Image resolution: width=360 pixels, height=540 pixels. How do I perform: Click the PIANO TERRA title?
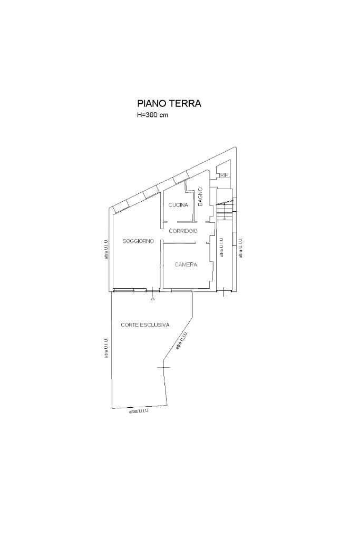(x=169, y=103)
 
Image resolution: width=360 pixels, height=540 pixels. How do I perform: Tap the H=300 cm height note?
(x=153, y=115)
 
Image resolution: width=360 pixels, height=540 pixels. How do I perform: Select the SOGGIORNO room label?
(x=138, y=241)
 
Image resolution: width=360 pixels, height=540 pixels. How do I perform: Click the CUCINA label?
(x=179, y=205)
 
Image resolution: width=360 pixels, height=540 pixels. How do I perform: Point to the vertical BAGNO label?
(x=201, y=197)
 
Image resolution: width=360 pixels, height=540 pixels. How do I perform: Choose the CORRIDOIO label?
(x=183, y=231)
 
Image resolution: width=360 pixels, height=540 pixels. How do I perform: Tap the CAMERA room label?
(x=186, y=264)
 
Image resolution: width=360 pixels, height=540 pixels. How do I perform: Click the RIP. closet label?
(x=225, y=175)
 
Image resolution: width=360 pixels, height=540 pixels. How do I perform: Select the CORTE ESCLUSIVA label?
(x=145, y=325)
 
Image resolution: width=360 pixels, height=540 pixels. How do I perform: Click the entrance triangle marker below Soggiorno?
(x=153, y=299)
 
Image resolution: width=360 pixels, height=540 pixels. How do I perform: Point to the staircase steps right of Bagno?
(x=225, y=210)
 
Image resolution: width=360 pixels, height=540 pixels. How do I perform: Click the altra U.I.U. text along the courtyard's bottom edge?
(x=139, y=411)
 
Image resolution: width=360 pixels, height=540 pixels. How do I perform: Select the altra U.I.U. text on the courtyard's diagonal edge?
(x=182, y=341)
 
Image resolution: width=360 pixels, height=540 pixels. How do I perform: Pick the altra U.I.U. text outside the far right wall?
(x=240, y=247)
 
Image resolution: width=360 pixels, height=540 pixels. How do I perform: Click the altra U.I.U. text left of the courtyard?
(x=106, y=348)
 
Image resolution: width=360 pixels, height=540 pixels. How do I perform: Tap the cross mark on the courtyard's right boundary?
(x=163, y=367)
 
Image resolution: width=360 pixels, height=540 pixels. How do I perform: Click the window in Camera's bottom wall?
(x=181, y=291)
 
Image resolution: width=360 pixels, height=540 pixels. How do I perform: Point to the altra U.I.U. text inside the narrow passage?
(x=221, y=247)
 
